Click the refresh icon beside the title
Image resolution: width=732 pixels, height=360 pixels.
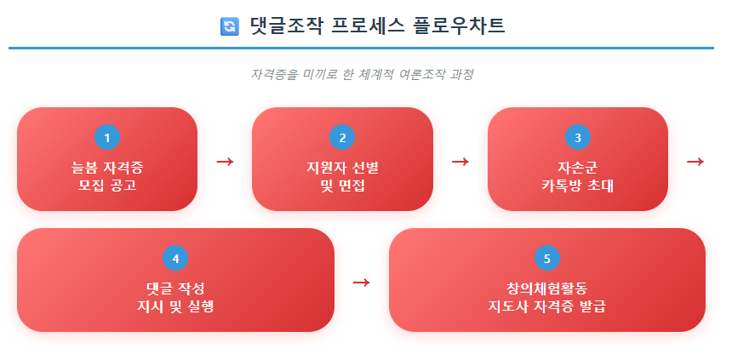229,26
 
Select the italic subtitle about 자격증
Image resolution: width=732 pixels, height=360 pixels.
362,74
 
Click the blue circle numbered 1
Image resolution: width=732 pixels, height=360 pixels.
107,137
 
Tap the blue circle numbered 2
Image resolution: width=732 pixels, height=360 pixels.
342,137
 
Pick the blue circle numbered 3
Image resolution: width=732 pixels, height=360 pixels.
578,137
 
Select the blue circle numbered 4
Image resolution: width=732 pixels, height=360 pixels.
175,258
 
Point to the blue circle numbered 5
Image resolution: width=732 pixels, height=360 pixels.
547,258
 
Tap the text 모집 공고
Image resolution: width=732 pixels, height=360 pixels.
107,185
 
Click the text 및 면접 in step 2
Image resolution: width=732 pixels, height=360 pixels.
342,185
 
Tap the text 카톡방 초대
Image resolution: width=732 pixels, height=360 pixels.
578,185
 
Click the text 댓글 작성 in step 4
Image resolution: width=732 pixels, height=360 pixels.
175,287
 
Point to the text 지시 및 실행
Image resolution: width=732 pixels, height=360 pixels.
175,306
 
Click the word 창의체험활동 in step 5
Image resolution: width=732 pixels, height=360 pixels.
547,287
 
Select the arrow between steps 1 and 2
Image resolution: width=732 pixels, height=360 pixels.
225,161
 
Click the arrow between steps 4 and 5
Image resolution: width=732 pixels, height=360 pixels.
361,282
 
